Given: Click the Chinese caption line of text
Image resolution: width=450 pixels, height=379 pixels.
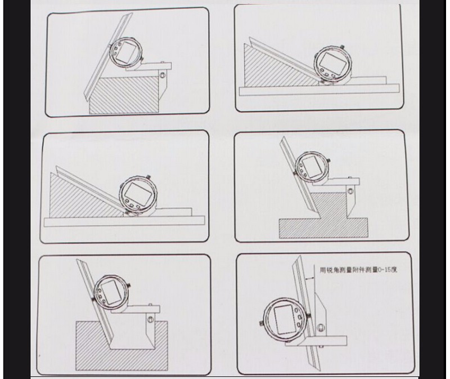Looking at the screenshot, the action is (x=359, y=270).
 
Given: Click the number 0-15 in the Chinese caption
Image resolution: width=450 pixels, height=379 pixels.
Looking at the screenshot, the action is (x=385, y=270).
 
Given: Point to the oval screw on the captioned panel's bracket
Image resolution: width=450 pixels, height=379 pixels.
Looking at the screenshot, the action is (x=321, y=327).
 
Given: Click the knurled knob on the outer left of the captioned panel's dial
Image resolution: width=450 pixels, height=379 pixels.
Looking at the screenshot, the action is (x=261, y=323).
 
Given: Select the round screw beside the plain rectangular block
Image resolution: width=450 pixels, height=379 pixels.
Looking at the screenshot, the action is (x=163, y=75).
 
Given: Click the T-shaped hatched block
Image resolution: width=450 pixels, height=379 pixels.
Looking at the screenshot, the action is (x=324, y=216).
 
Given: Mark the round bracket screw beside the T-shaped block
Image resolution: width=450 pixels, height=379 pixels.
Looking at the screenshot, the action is (x=350, y=191).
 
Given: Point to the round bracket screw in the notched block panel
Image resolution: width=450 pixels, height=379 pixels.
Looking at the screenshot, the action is (x=150, y=319).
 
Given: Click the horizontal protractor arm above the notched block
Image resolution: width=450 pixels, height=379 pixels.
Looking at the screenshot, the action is (x=136, y=310).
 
